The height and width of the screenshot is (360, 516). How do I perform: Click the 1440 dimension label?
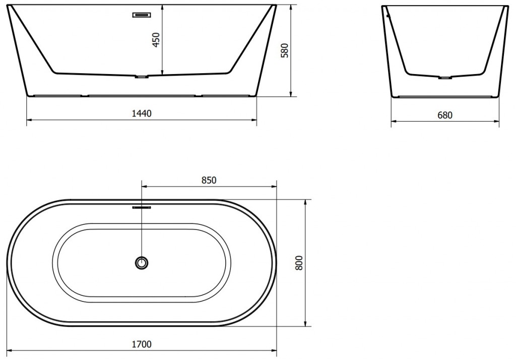pos(141,113)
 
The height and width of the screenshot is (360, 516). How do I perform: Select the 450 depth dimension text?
pos(156,40)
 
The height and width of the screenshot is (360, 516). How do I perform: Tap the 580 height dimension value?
pos(284,50)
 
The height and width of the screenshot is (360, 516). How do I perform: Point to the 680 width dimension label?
pos(444,115)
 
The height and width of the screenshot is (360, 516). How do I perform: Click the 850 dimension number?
pos(208,180)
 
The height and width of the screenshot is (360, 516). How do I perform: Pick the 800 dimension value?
pos(298,263)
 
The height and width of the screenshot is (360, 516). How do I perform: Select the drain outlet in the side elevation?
pos(445,78)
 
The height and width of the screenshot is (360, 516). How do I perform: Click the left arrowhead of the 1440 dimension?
pos(28,120)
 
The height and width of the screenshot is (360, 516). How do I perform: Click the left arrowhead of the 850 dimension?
pos(145,187)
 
